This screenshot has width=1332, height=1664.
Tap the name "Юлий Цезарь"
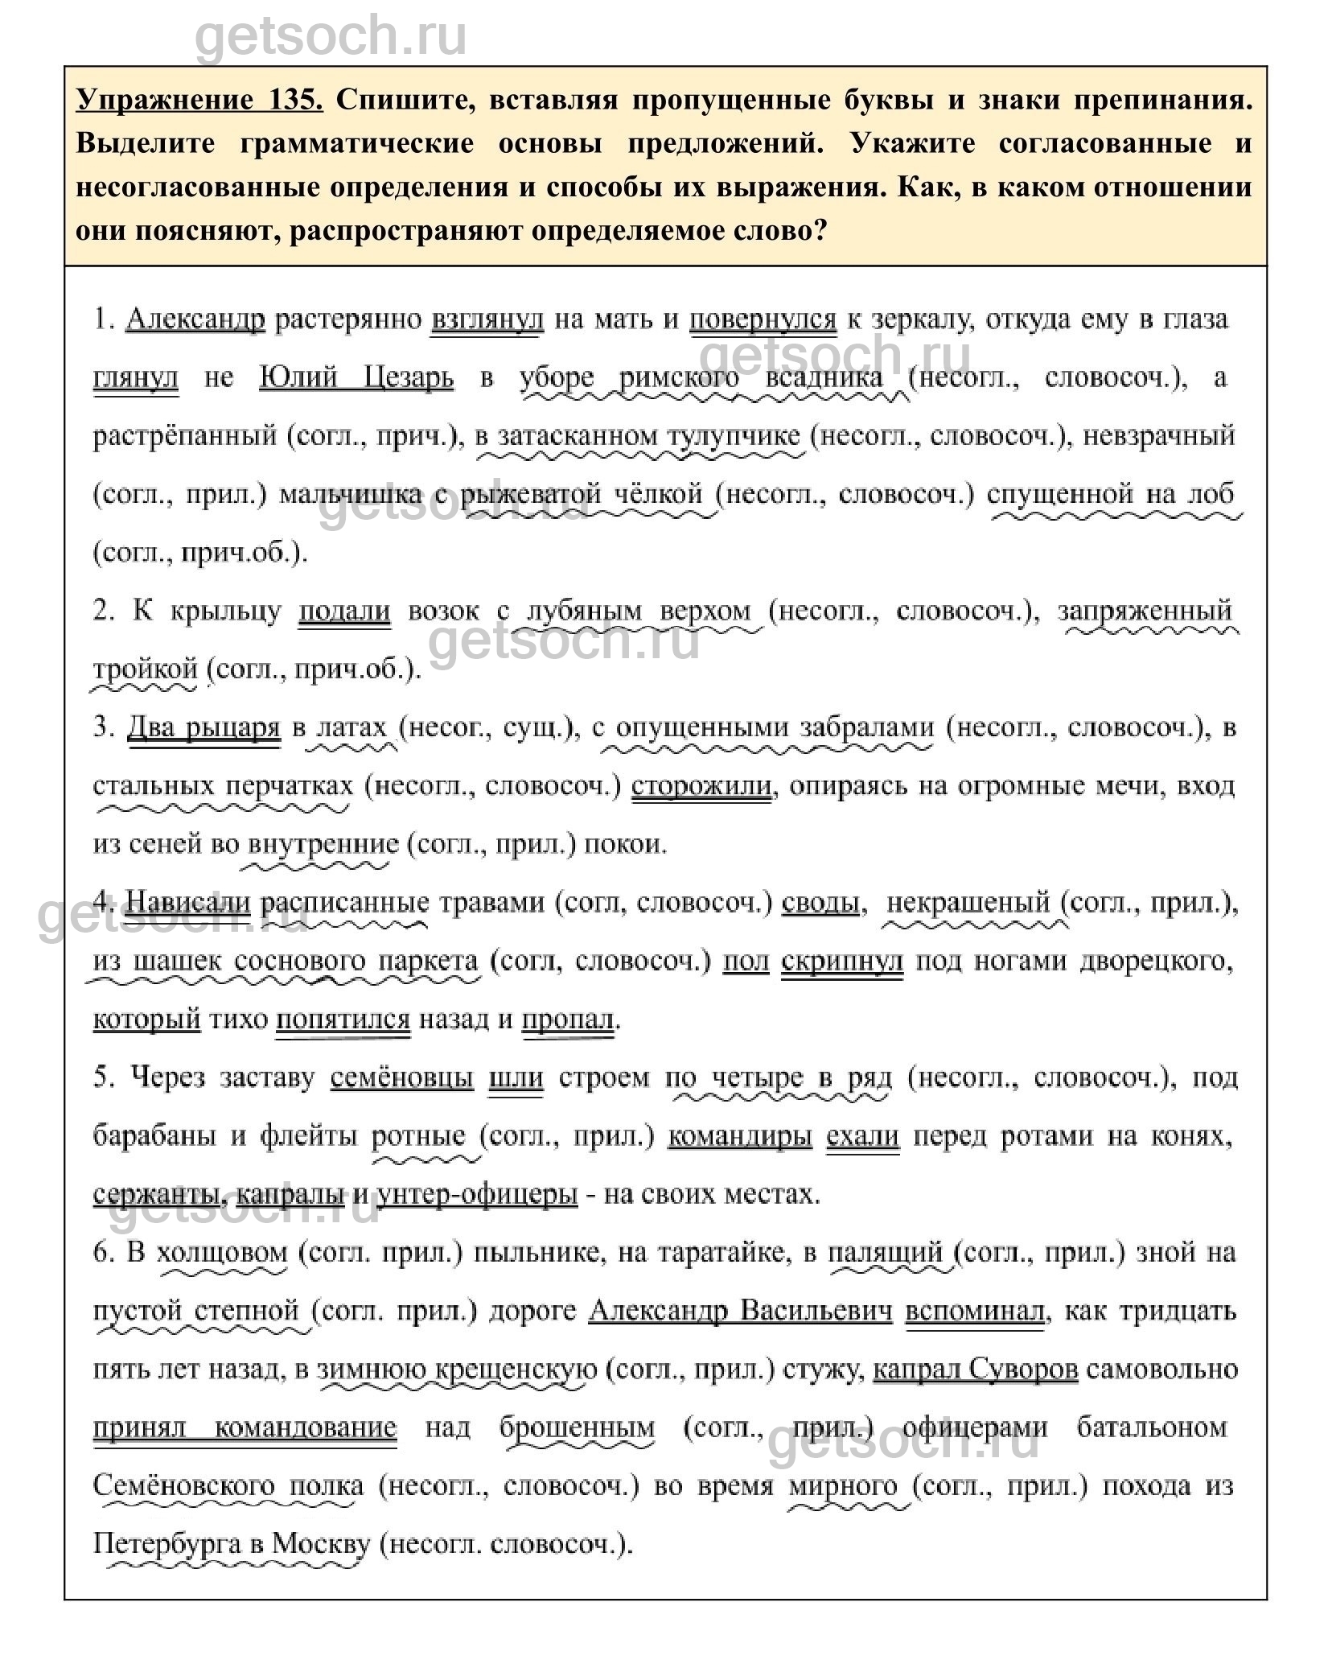click(356, 377)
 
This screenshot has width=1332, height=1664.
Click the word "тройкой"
click(146, 669)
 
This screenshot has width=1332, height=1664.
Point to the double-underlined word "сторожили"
click(702, 786)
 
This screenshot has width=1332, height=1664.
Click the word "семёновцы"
click(402, 1077)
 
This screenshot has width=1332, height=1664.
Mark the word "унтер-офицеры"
click(477, 1194)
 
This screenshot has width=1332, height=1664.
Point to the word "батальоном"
click(1153, 1427)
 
